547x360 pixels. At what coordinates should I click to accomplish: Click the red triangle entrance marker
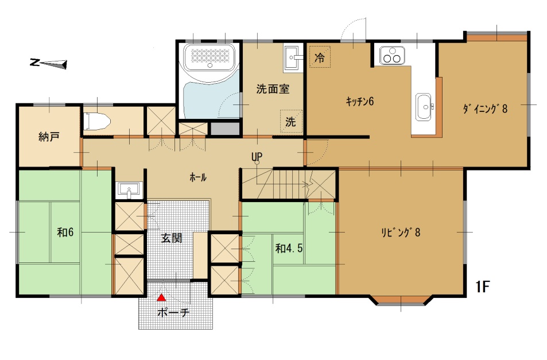(161, 297)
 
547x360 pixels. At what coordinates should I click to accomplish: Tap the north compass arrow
(48, 64)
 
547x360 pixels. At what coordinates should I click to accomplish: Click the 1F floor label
(483, 287)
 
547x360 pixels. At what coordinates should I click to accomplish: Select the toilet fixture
(96, 121)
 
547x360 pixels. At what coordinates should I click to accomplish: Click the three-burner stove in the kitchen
(392, 56)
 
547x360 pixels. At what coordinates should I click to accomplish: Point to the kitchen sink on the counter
(424, 106)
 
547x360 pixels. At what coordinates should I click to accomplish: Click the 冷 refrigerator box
(320, 57)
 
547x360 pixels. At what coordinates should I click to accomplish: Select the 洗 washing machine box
(291, 121)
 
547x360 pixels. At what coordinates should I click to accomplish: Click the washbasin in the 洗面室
(292, 58)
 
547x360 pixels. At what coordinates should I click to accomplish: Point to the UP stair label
(257, 157)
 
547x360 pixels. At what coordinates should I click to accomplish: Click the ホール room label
(198, 177)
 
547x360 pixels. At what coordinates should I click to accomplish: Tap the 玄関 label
(172, 239)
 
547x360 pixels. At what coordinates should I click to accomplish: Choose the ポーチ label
(173, 312)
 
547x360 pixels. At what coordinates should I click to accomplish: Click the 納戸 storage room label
(49, 137)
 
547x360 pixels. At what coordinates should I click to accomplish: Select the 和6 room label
(65, 232)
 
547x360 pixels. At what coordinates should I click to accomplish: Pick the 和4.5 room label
(289, 249)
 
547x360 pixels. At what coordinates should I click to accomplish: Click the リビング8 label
(401, 233)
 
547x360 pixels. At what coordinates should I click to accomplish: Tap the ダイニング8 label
(485, 109)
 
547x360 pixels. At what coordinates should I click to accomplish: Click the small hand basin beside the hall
(129, 190)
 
